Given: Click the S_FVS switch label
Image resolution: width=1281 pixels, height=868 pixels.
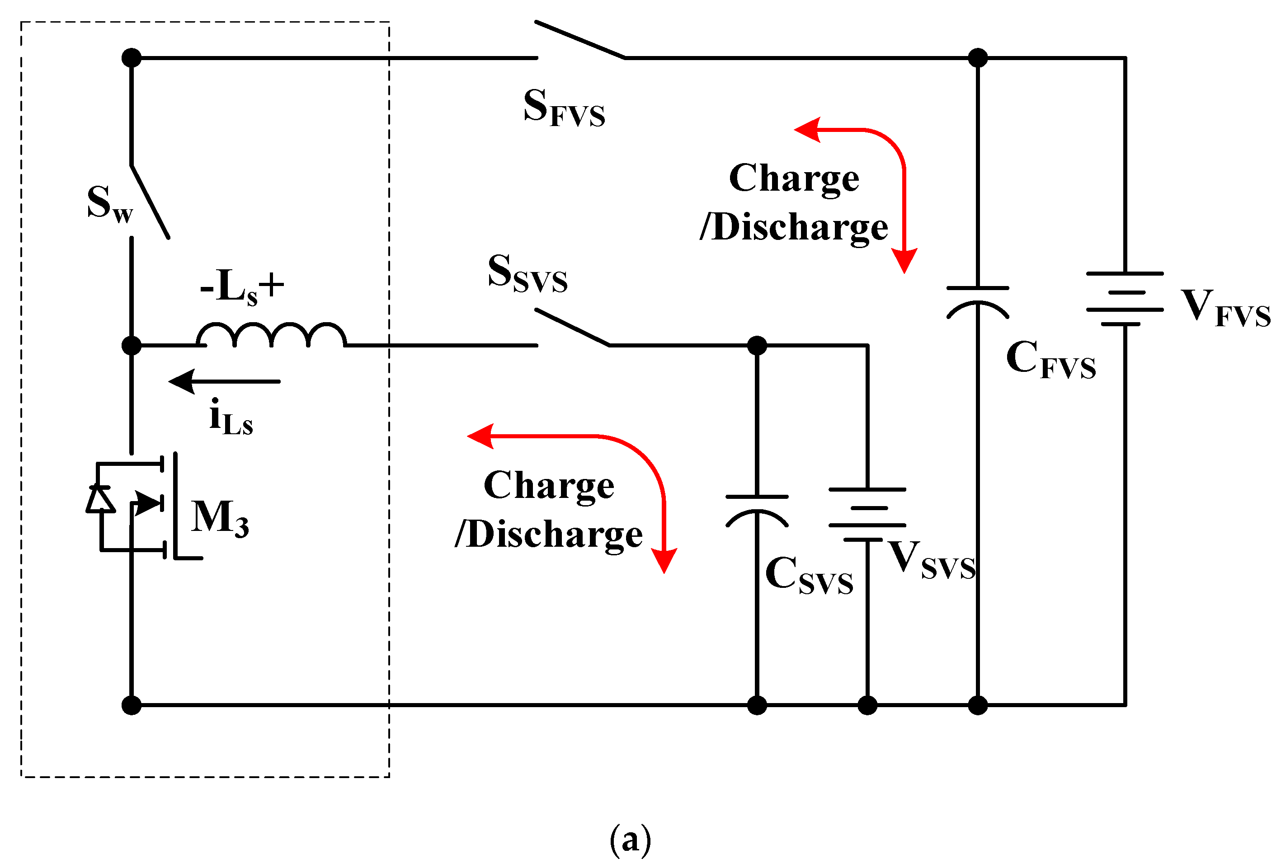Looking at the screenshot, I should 564,108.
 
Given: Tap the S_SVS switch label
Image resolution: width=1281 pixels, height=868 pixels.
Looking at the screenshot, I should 527,274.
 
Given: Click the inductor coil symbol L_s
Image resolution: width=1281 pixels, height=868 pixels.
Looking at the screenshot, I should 271,335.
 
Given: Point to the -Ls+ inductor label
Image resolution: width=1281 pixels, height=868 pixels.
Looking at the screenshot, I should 242,286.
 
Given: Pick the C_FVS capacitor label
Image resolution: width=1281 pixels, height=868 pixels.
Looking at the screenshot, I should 1050,359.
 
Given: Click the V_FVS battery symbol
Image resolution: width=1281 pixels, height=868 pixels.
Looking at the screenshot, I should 1125,299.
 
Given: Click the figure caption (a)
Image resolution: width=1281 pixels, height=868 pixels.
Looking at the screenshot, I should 631,840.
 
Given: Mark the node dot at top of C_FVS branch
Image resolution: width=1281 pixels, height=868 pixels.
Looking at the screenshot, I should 977,57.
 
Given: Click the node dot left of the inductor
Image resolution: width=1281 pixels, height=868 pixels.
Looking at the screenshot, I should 131,346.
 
